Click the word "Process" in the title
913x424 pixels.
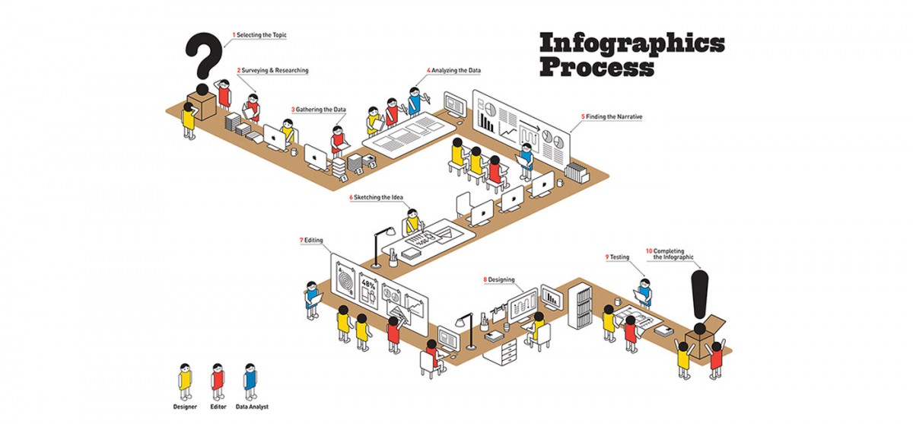(x=596, y=68)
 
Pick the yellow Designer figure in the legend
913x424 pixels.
(x=186, y=381)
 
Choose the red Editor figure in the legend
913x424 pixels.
(x=218, y=381)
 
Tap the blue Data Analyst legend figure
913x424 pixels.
(x=250, y=381)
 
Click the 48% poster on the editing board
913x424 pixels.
(x=368, y=290)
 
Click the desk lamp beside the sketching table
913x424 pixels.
(x=381, y=247)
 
